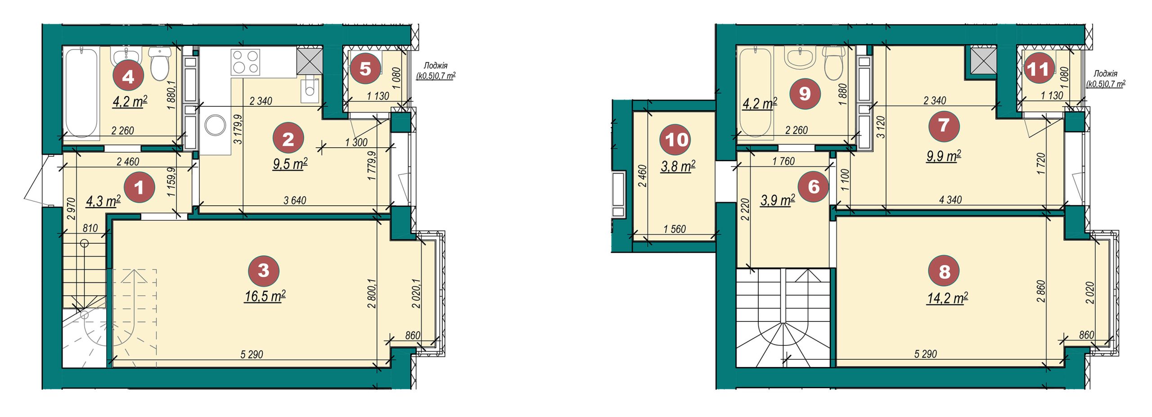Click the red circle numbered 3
pyautogui.click(x=264, y=270)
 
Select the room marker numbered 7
pyautogui.click(x=944, y=126)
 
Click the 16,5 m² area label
pyautogui.click(x=265, y=296)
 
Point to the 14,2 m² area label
pyautogui.click(x=947, y=299)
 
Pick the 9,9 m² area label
pyautogui.click(x=944, y=156)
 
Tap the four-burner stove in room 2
pyautogui.click(x=246, y=63)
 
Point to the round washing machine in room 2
pyautogui.click(x=216, y=125)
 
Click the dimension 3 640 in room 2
pyautogui.click(x=295, y=200)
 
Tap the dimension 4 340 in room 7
pyautogui.click(x=950, y=199)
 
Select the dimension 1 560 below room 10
pyautogui.click(x=675, y=229)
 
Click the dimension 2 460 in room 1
pyautogui.click(x=128, y=162)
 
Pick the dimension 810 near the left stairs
pyautogui.click(x=90, y=228)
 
